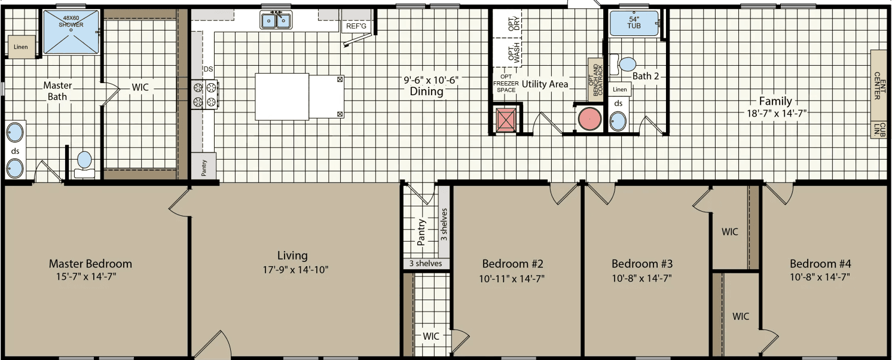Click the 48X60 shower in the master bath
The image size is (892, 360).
(71, 32)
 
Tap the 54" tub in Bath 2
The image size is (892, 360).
(633, 25)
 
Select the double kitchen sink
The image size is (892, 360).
(276, 20)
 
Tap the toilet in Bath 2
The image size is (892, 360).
(627, 63)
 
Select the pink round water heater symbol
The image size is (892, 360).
(589, 119)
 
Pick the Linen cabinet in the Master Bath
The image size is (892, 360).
(20, 47)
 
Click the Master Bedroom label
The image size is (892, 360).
(90, 264)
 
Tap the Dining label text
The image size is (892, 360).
(426, 91)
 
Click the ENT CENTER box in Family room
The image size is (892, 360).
(878, 86)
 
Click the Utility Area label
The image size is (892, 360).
(544, 84)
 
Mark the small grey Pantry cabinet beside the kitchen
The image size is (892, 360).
(203, 166)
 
